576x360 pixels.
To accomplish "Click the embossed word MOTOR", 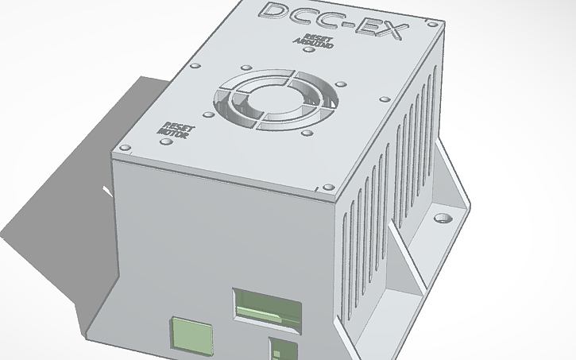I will pyautogui.click(x=174, y=134).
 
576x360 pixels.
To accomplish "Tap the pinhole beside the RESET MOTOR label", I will pyautogui.click(x=165, y=143).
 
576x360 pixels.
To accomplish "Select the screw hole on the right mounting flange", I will pyautogui.click(x=443, y=215).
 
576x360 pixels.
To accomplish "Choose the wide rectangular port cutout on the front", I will pyautogui.click(x=266, y=309).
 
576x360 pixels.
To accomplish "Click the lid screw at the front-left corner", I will pyautogui.click(x=125, y=148).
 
